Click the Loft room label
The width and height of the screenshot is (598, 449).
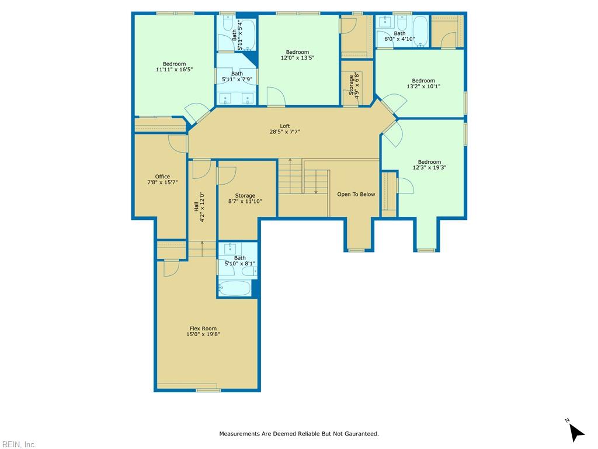tap(284, 129)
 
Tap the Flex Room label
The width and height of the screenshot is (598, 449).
tap(203, 331)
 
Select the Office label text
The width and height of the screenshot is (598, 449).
tap(162, 179)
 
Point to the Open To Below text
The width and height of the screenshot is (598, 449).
tap(356, 194)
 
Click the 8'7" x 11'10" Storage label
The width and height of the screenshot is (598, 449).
tap(245, 199)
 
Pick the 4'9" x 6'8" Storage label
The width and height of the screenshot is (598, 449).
tap(354, 85)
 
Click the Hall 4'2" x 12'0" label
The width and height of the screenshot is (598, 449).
tap(199, 206)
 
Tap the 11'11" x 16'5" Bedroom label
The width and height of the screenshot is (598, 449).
tap(174, 67)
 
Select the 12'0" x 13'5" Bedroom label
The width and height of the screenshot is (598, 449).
tap(297, 55)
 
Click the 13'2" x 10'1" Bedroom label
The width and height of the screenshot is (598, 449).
tap(423, 84)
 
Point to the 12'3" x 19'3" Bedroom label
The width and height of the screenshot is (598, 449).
tap(429, 164)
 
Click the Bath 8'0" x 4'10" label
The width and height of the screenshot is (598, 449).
tap(399, 36)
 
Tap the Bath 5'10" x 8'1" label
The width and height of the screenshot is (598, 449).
tap(240, 261)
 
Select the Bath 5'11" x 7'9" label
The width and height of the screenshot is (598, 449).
tap(237, 77)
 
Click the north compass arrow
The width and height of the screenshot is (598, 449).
tap(576, 433)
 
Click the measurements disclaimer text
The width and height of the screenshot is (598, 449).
tap(299, 434)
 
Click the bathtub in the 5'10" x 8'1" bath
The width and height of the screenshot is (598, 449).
tap(234, 288)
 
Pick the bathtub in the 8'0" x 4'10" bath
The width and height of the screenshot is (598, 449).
tap(420, 31)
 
